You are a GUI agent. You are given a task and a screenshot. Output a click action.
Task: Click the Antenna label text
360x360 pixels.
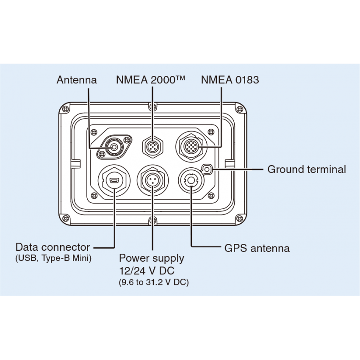[77, 80]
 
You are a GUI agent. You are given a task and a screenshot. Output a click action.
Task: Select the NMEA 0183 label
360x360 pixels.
[230, 80]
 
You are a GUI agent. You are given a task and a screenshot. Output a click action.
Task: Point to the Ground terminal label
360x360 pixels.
[307, 169]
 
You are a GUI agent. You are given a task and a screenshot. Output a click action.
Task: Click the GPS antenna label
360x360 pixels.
[257, 248]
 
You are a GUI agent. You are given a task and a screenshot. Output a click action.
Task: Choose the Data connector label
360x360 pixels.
[53, 247]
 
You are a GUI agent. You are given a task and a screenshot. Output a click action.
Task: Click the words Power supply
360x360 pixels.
[151, 258]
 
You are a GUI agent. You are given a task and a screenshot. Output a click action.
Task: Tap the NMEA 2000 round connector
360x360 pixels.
[152, 147]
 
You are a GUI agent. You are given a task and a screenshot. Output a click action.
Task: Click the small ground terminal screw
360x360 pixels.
[207, 169]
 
